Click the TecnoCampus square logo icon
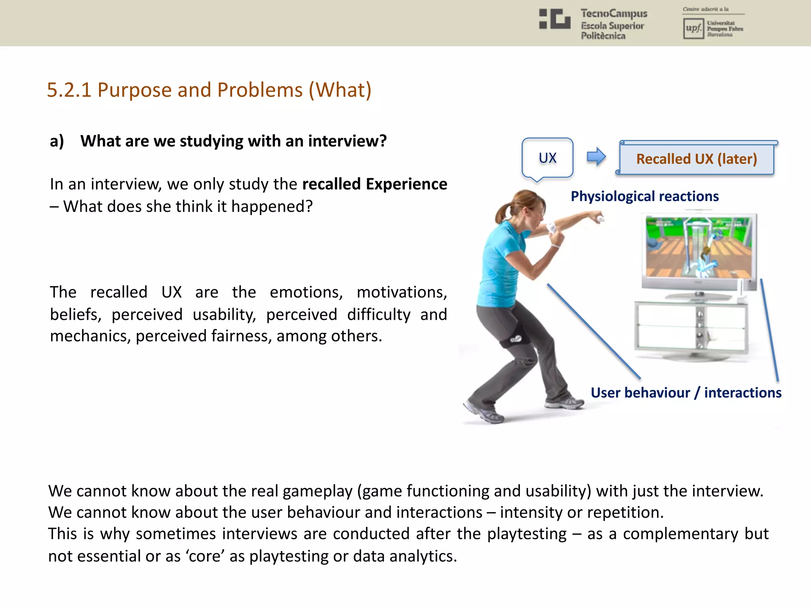[x=555, y=19]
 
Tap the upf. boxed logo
[x=693, y=28]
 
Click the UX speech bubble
[x=547, y=158]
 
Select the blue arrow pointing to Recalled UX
[x=596, y=157]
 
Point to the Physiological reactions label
[x=644, y=196]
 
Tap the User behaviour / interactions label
[x=686, y=393]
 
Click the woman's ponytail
[x=501, y=214]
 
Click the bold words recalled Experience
[x=374, y=184]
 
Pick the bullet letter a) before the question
[x=57, y=141]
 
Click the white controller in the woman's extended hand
[x=600, y=218]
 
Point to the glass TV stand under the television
[x=691, y=327]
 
